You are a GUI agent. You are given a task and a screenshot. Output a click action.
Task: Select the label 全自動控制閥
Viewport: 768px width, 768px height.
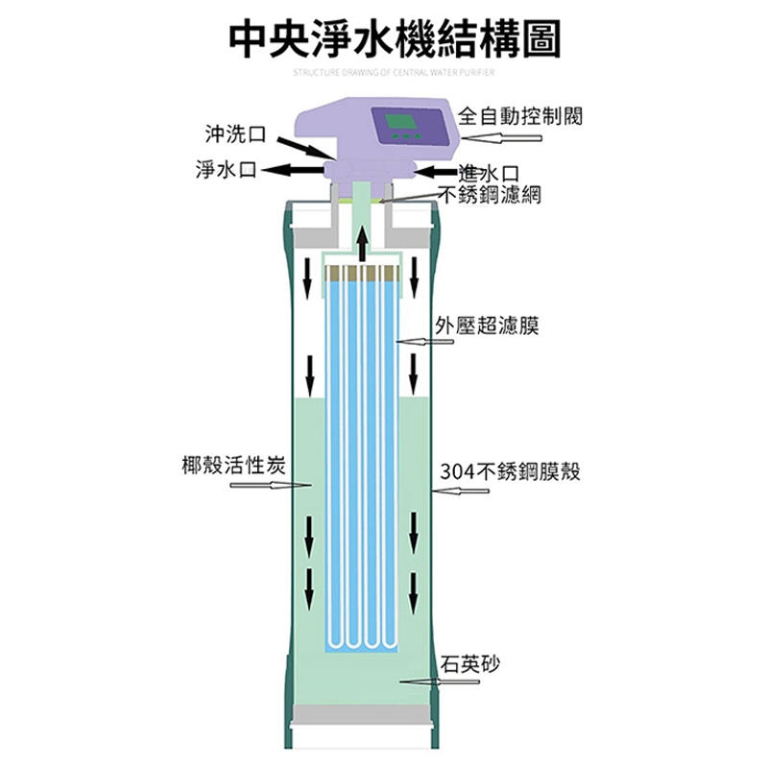pos(520,117)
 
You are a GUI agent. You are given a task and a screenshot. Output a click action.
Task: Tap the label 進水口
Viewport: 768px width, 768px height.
pos(490,173)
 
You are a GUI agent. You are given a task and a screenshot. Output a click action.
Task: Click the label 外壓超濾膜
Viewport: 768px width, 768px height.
pos(486,326)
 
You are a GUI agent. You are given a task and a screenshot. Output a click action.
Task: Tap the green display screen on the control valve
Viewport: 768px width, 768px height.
pos(399,126)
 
